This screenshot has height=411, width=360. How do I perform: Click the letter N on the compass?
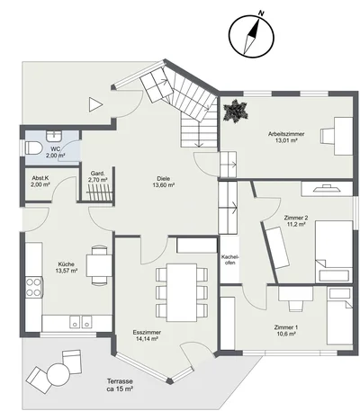[262, 13]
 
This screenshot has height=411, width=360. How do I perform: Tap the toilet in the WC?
[33, 148]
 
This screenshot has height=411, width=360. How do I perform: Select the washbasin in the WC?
[54, 136]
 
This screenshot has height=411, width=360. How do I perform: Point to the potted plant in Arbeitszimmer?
[236, 112]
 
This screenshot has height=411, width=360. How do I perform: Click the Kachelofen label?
[229, 260]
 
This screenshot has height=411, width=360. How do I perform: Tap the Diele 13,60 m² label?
[164, 182]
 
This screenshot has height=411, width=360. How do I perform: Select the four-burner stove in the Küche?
[34, 287]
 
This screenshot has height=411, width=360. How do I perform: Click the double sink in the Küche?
[81, 322]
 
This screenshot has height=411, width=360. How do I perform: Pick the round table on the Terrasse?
[58, 374]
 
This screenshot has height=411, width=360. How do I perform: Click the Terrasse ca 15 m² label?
[120, 385]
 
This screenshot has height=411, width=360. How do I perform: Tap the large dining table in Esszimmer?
[182, 292]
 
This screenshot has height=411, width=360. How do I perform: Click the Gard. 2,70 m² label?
[98, 176]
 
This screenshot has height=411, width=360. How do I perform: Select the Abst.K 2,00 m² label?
[40, 182]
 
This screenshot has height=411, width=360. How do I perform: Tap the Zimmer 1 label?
[286, 327]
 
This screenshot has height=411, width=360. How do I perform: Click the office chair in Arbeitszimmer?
[328, 136]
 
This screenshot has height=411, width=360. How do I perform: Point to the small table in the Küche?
[99, 265]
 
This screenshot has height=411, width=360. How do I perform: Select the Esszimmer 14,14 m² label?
[147, 335]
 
